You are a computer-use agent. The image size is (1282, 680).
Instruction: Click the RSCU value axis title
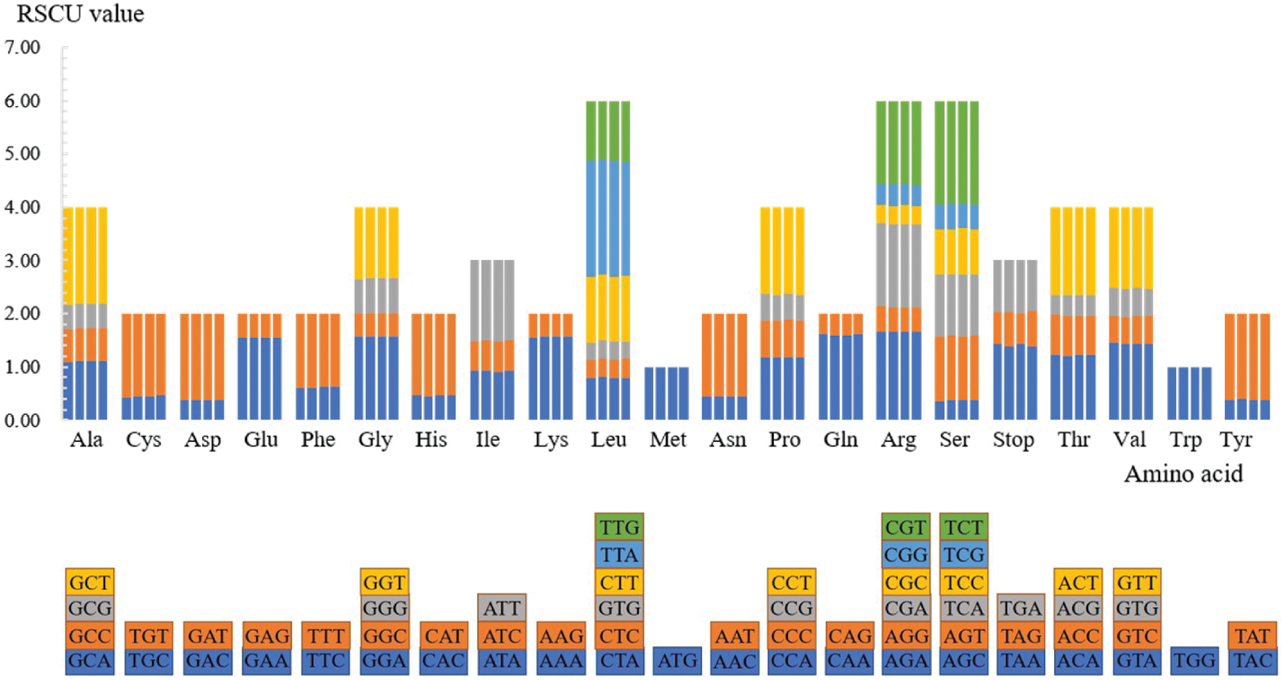[80, 14]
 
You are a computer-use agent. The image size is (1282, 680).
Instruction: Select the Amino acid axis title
[1183, 474]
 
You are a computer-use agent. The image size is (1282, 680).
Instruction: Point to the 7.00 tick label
[23, 48]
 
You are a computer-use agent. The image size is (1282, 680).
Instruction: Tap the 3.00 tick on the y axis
[23, 260]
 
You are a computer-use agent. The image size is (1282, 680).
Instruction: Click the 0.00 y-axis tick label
[23, 420]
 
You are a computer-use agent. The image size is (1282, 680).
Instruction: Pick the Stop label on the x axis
[1014, 440]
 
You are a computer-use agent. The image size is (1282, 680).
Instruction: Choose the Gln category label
[840, 440]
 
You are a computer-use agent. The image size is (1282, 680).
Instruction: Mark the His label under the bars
[431, 440]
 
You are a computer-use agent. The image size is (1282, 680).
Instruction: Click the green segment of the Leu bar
[608, 131]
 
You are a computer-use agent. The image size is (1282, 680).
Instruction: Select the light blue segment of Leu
[608, 219]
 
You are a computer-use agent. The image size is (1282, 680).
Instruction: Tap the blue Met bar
[667, 393]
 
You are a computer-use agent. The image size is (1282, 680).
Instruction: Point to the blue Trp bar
[1189, 393]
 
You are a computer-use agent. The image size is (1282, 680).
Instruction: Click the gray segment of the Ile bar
[492, 300]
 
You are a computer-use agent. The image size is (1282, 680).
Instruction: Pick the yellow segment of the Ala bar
[85, 255]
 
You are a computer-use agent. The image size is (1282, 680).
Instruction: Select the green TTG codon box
[619, 528]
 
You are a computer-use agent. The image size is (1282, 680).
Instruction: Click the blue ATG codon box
[677, 661]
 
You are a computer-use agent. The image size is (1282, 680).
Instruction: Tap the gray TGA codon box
[1021, 608]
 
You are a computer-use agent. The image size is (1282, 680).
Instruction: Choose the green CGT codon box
[906, 528]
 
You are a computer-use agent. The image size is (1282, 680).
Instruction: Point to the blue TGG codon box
[1195, 661]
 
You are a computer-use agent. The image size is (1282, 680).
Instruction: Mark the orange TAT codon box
[1252, 636]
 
